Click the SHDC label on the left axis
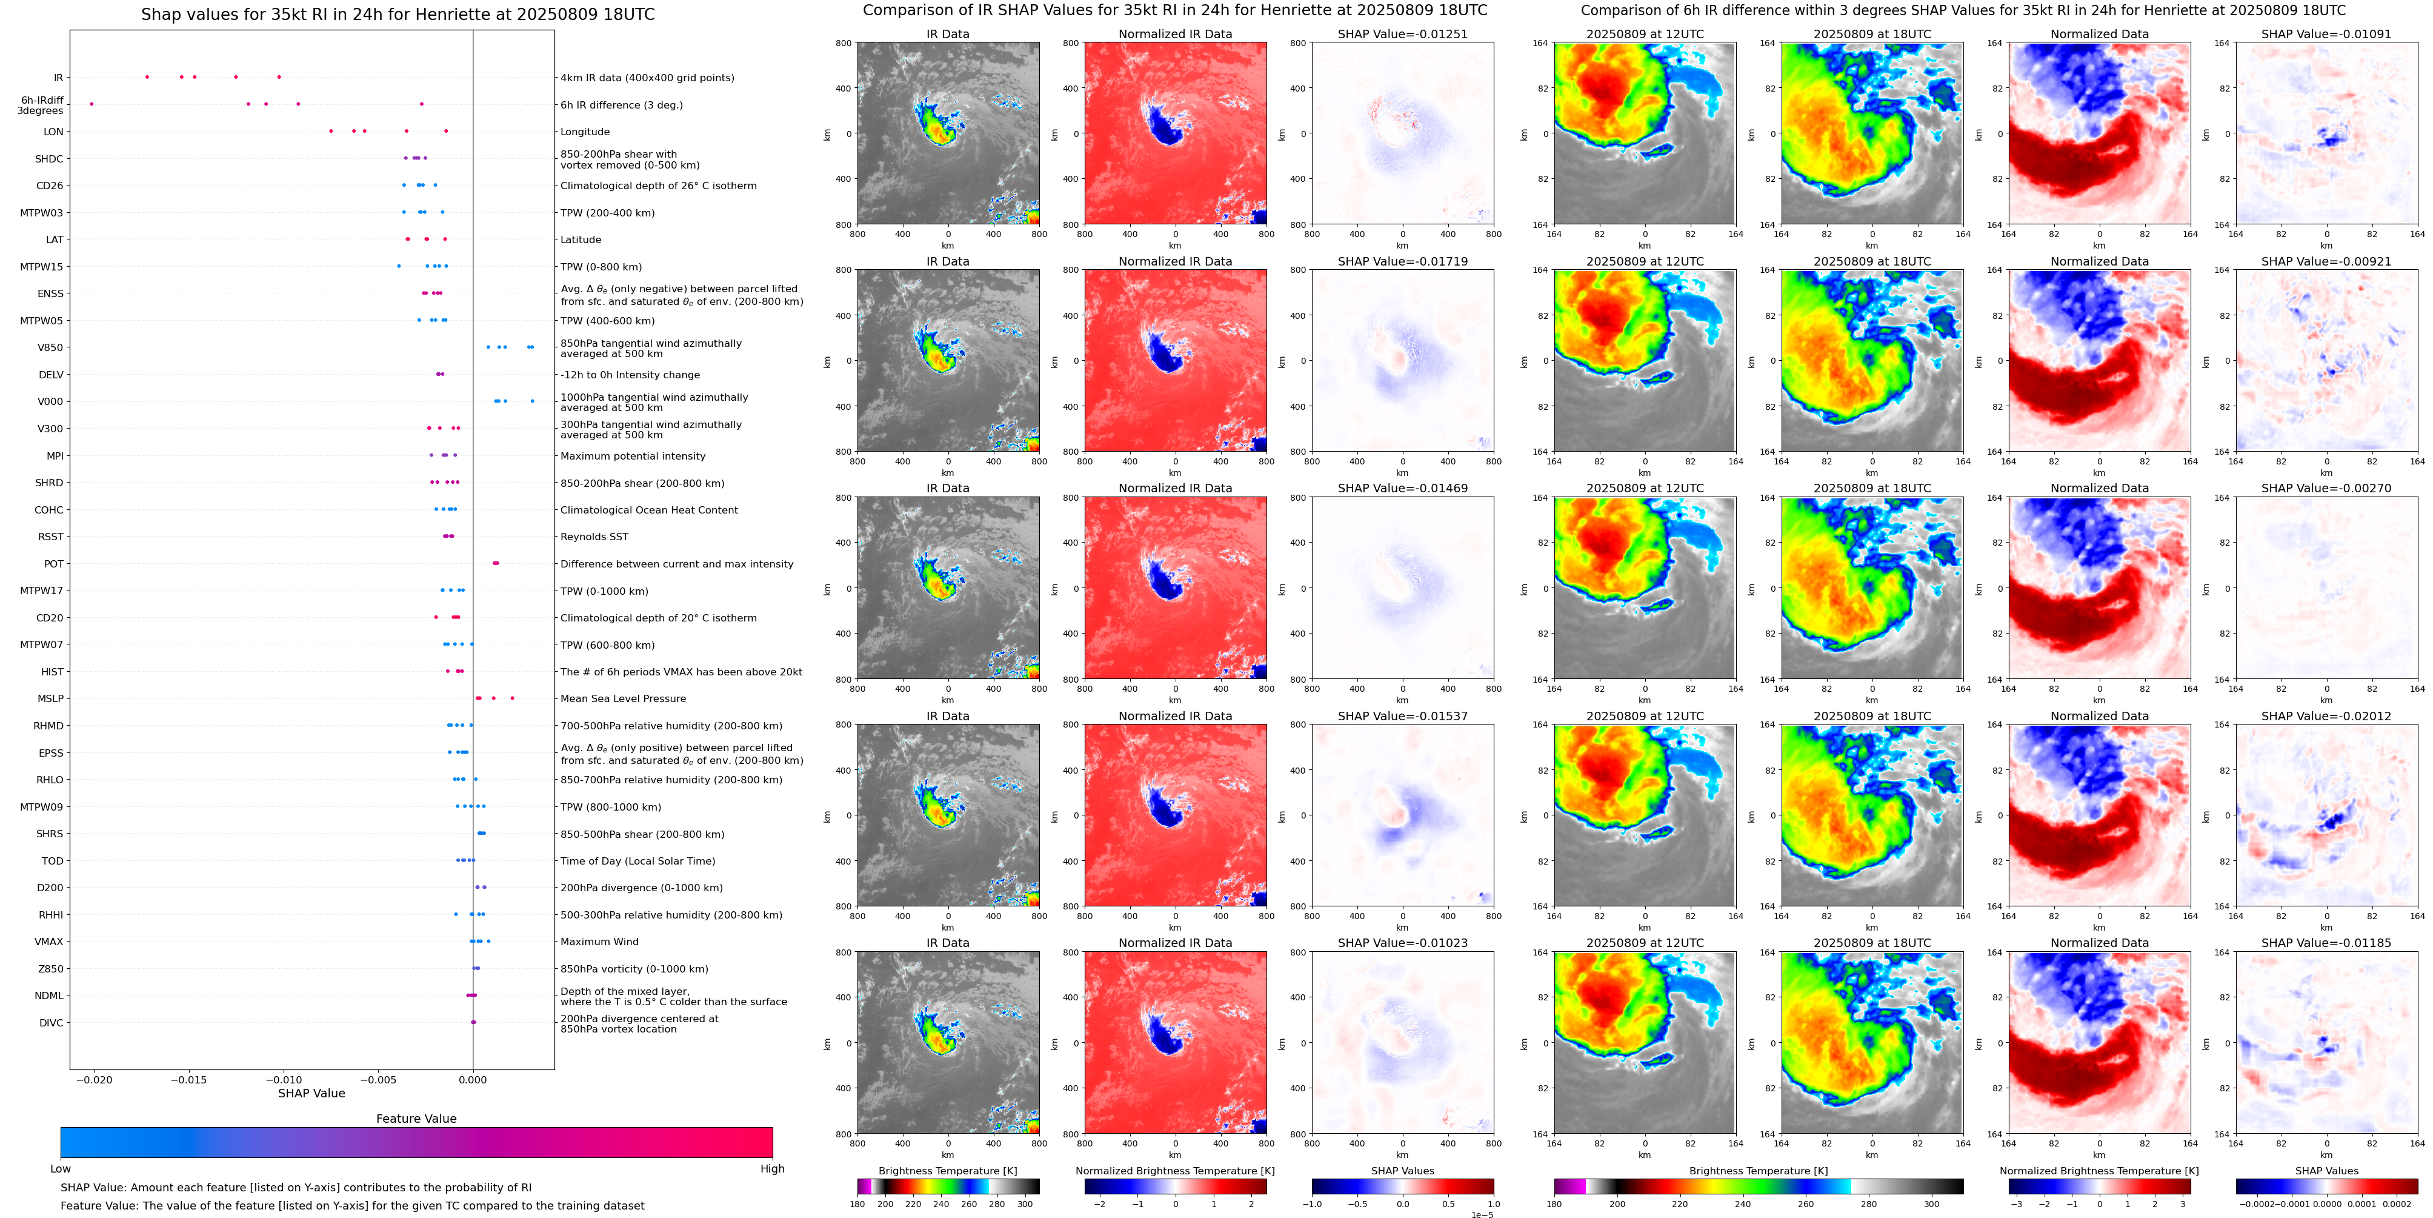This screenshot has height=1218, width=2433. (49, 159)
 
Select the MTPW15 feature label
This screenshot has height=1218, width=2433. (42, 267)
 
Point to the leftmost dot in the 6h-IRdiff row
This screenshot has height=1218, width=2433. (92, 104)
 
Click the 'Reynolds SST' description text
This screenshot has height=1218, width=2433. (594, 537)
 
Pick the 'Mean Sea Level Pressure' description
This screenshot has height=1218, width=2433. (622, 698)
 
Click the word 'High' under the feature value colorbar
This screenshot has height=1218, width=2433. (771, 1169)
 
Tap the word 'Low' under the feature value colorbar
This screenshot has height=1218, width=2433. (61, 1169)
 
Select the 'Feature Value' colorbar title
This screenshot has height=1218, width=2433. (416, 1119)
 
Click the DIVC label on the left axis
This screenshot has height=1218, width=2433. (51, 1022)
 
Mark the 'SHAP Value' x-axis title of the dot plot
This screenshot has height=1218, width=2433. (311, 1093)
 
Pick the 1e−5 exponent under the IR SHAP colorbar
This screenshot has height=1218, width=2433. (1482, 1214)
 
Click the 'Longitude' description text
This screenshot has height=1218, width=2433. (585, 132)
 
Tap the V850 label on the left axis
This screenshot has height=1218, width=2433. (50, 348)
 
